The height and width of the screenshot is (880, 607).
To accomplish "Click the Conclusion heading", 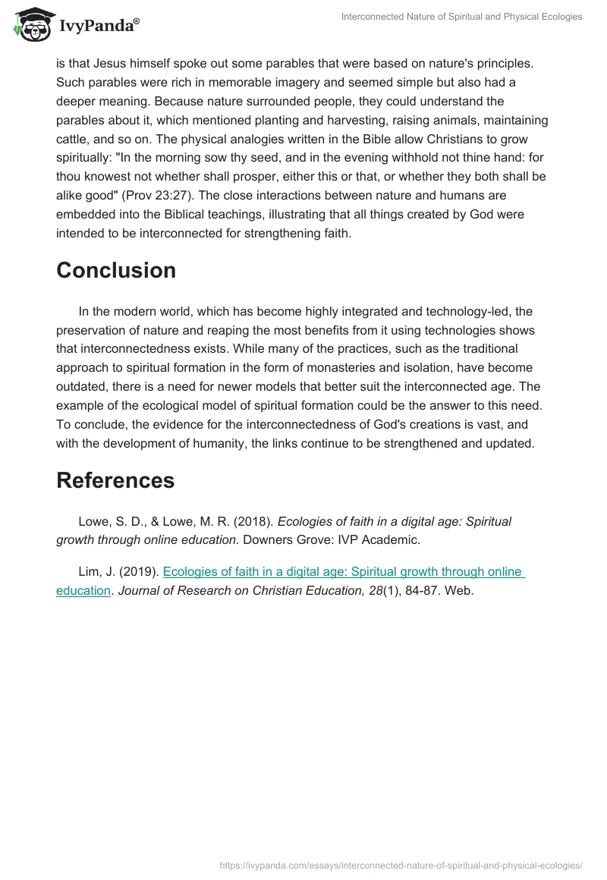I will pyautogui.click(x=116, y=270).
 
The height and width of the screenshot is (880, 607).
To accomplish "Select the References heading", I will pyautogui.click(x=115, y=480).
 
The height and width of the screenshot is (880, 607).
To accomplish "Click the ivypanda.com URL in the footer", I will pyautogui.click(x=401, y=864).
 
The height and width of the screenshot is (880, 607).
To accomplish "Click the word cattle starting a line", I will pyautogui.click(x=74, y=140).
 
